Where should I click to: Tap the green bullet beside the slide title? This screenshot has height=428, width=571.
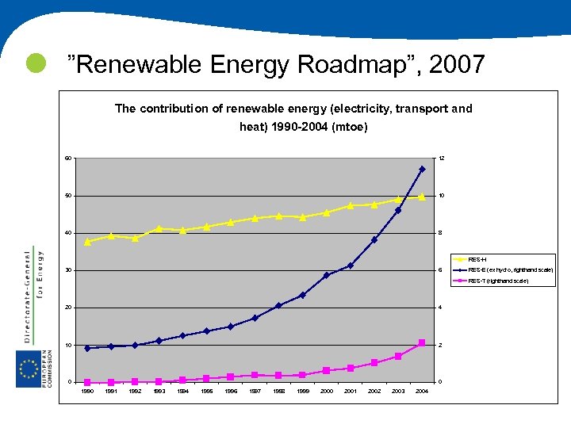point(35,63)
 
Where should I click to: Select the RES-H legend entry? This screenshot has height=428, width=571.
point(477,259)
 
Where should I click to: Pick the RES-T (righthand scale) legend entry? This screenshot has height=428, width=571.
point(498,281)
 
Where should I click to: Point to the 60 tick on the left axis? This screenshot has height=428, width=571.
point(69,159)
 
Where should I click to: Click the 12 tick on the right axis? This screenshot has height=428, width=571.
point(442,159)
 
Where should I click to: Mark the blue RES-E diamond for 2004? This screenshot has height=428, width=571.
point(422,169)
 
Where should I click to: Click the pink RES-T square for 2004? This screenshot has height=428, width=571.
point(422,342)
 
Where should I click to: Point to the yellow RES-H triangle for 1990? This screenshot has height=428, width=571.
point(87,241)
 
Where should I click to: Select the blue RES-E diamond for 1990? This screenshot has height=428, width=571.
point(87,348)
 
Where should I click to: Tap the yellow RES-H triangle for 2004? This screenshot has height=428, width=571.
point(422,197)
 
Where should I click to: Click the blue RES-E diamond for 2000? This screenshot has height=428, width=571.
point(326,275)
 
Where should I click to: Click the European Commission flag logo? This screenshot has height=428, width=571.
point(29,369)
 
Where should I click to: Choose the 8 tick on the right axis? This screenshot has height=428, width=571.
point(441,233)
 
